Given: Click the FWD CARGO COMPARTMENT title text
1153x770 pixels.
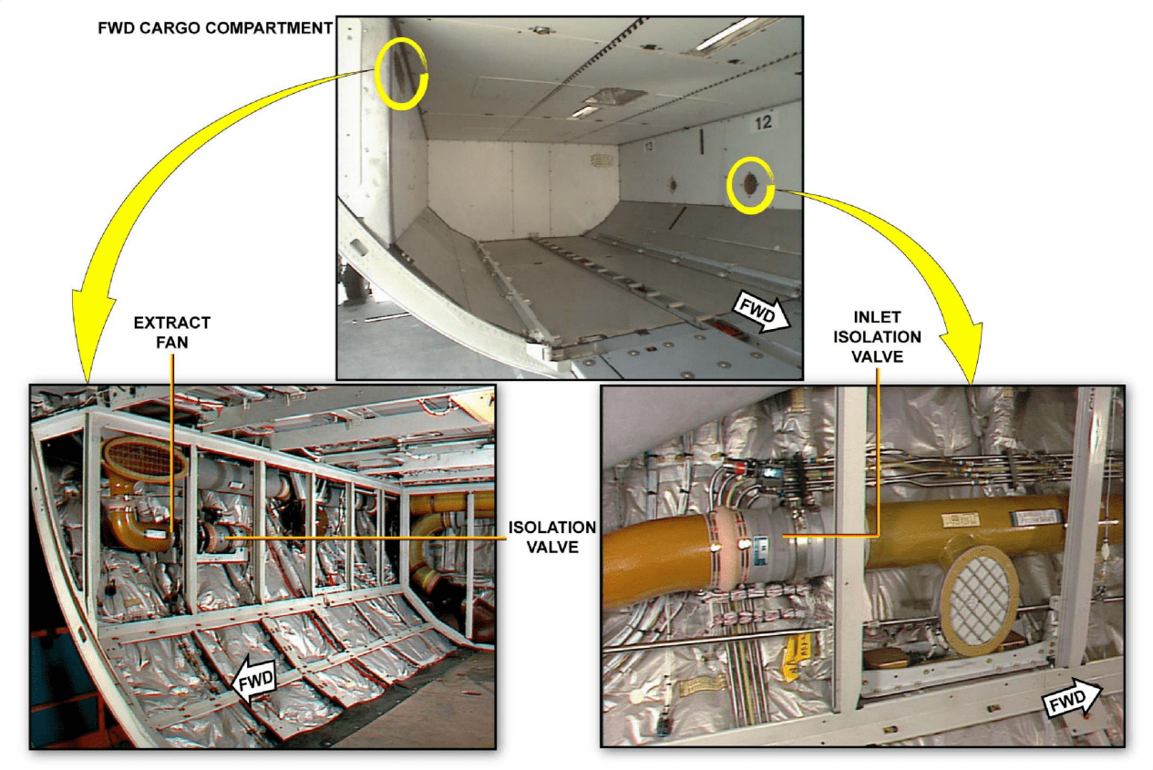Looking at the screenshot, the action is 215,28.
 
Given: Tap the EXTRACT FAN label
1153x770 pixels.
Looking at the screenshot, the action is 172,333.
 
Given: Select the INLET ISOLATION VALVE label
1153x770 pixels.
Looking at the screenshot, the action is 877,336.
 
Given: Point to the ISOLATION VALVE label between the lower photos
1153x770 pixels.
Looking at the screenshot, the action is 552,537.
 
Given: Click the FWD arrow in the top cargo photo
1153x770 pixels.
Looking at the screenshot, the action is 761,312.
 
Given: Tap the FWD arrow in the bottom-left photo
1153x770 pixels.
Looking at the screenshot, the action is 254,680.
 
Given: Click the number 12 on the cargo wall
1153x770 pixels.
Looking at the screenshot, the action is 763,122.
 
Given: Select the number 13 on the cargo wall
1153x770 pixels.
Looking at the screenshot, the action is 649,147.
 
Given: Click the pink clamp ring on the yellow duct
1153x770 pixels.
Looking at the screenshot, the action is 726,549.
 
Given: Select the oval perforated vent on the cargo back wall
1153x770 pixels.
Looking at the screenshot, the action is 602,160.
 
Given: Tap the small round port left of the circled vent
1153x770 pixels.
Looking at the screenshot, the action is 672,184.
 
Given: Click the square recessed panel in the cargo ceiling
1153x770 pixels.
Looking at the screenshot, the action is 615,97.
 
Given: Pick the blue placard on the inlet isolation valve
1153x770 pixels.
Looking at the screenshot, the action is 760,547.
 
